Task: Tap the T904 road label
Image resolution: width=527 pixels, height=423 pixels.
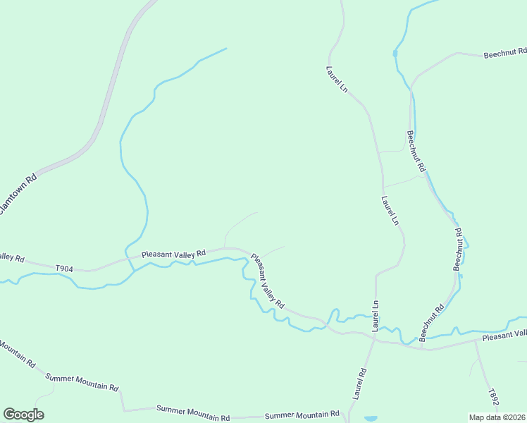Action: point(64,268)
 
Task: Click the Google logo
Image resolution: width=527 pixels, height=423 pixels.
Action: point(23,414)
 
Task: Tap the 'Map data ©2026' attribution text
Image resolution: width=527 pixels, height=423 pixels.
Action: point(497,417)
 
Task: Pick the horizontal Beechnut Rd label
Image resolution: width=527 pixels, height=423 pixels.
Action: point(504,54)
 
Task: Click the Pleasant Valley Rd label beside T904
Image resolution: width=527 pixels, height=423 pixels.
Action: point(173,253)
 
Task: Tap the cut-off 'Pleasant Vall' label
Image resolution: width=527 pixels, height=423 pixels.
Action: point(504,336)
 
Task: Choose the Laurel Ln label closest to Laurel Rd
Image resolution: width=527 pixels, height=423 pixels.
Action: point(375,316)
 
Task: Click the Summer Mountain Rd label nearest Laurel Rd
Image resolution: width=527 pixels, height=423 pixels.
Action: point(302,415)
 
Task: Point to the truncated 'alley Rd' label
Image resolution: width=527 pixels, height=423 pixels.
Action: point(12,257)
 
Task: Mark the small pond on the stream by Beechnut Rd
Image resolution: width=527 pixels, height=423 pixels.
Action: point(395,53)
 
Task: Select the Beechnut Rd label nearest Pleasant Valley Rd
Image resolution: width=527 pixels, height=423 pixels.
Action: point(432,322)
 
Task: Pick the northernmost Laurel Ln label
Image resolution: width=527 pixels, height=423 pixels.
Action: point(336,79)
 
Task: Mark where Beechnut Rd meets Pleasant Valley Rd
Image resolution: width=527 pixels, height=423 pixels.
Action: point(421,348)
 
